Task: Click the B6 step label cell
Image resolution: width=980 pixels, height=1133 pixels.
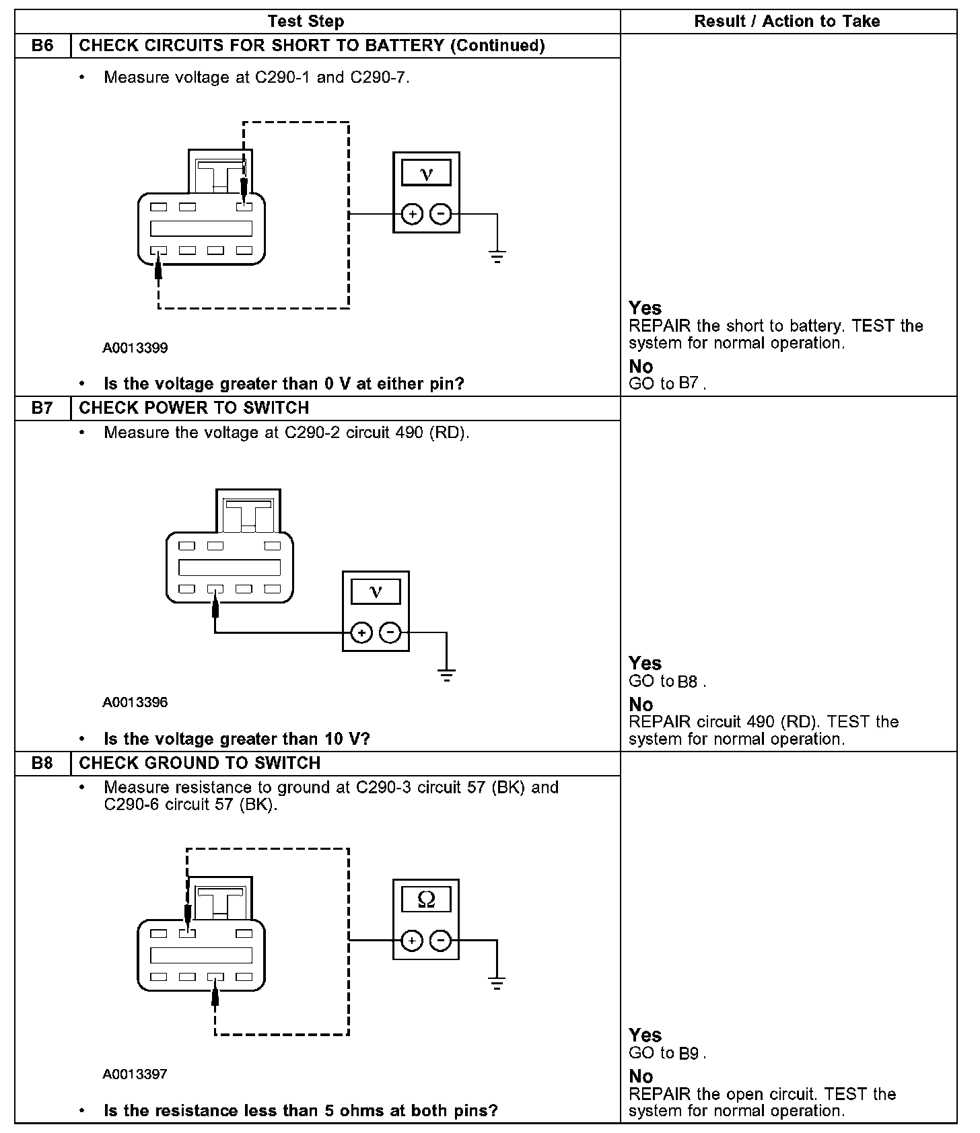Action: [x=42, y=46]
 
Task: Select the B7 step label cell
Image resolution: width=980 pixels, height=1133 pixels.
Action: [x=42, y=408]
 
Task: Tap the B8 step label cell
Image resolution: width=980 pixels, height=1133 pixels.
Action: [x=42, y=763]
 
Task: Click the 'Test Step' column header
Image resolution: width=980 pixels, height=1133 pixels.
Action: [x=306, y=22]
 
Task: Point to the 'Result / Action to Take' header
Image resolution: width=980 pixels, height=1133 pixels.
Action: [x=787, y=22]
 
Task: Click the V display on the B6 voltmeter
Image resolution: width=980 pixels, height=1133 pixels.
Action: [x=426, y=174]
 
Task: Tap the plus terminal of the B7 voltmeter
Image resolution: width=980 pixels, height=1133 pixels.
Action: [x=361, y=633]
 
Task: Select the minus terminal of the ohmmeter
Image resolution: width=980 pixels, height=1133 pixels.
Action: [x=440, y=940]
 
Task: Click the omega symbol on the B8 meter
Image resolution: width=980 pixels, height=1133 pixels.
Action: [x=426, y=899]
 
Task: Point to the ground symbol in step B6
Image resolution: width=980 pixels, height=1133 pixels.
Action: [x=497, y=256]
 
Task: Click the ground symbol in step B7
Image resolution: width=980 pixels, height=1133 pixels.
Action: [x=446, y=675]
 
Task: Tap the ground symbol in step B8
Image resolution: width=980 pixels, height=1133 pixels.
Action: [x=497, y=983]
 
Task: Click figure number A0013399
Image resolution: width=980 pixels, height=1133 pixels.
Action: [x=135, y=348]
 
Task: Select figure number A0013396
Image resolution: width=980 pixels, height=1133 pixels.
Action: [x=135, y=702]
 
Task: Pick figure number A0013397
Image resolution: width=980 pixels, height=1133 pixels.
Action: [x=135, y=1074]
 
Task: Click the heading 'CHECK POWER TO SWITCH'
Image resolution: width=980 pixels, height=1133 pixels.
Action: [x=194, y=408]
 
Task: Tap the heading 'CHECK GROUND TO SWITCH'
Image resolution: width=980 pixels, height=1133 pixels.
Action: [x=199, y=763]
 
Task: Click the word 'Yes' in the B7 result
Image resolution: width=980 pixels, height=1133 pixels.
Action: [x=645, y=663]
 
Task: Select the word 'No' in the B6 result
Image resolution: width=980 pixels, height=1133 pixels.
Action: [x=641, y=367]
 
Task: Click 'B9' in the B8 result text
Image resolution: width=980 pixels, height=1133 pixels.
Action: [x=689, y=1054]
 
